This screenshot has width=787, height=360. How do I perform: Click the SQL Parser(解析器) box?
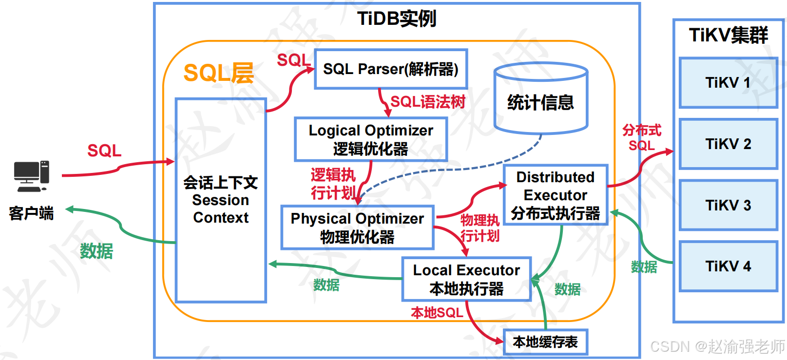pyautogui.click(x=391, y=69)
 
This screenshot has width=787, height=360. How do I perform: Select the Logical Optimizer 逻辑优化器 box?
pyautogui.click(x=371, y=139)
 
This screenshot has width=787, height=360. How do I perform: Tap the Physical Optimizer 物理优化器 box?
pyautogui.click(x=357, y=227)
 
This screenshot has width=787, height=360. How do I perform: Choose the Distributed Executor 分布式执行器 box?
pyautogui.click(x=556, y=195)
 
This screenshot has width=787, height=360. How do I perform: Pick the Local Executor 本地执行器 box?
pyautogui.click(x=466, y=279)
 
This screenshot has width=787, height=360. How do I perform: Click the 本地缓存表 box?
pyautogui.click(x=545, y=342)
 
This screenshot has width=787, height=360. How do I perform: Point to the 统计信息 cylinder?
pyautogui.click(x=541, y=100)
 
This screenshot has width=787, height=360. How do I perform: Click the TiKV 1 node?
pyautogui.click(x=728, y=83)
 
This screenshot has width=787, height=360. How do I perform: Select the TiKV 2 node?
pyautogui.click(x=728, y=144)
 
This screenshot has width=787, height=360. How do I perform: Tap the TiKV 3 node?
pyautogui.click(x=728, y=205)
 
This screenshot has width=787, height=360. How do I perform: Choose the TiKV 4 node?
pyautogui.click(x=728, y=266)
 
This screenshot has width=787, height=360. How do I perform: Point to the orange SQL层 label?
pyautogui.click(x=219, y=73)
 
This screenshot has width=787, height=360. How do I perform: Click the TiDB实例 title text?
pyautogui.click(x=397, y=19)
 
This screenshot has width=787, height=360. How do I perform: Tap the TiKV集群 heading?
pyautogui.click(x=728, y=35)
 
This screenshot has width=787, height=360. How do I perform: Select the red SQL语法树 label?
pyautogui.click(x=428, y=102)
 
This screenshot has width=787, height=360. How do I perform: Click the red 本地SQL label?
pyautogui.click(x=437, y=312)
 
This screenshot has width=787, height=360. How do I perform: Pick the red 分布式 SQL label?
pyautogui.click(x=642, y=138)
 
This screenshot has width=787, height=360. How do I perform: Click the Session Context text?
pyautogui.click(x=221, y=208)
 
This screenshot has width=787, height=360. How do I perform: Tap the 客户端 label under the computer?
pyautogui.click(x=31, y=213)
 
